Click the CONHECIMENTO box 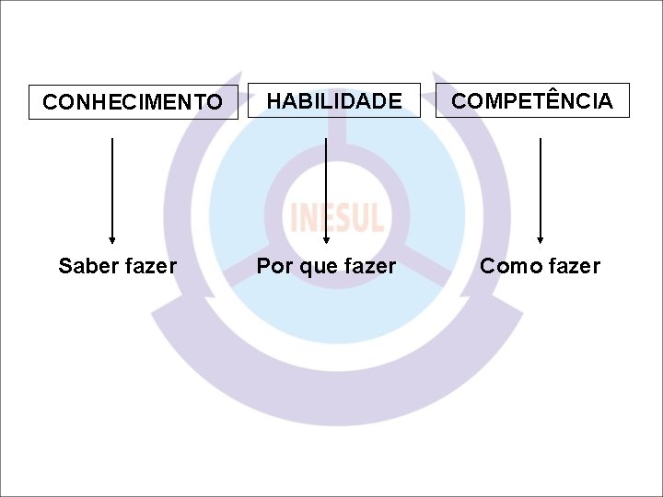pos(134,102)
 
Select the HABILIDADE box pos(334,100)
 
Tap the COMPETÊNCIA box pos(532,100)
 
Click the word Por pos(273,267)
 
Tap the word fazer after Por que pos(367,267)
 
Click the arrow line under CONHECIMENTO pos(112,184)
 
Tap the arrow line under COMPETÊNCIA pos(540,184)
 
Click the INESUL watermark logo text pos(336,217)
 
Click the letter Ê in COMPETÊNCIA pos(538,99)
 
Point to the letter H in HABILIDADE pos(274,101)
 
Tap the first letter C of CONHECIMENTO pos(50,102)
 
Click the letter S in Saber pos(65,266)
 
